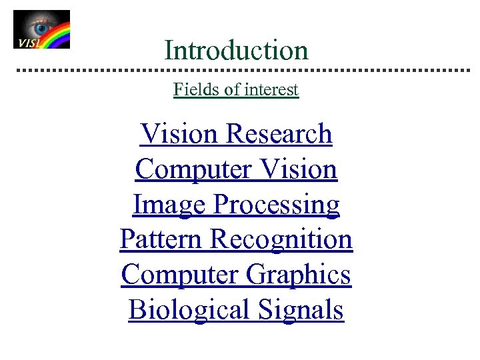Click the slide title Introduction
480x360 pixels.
(236, 50)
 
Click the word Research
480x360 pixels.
(279, 134)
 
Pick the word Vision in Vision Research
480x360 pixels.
(180, 134)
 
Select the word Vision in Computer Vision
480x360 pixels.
(299, 169)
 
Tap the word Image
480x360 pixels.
(169, 205)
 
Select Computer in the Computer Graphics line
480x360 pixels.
(180, 275)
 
